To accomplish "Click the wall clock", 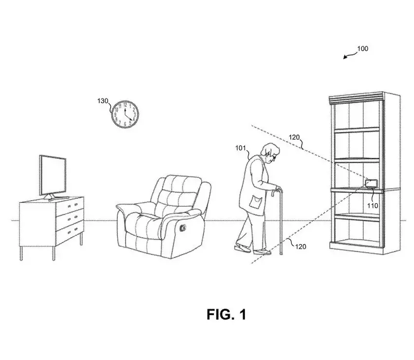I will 126,114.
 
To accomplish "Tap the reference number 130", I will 102,101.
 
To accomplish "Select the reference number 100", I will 363,49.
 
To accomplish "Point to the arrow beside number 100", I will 349,56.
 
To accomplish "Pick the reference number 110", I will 373,206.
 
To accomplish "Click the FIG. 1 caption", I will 226,315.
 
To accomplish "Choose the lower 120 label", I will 301,246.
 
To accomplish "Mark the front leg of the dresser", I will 21,253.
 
